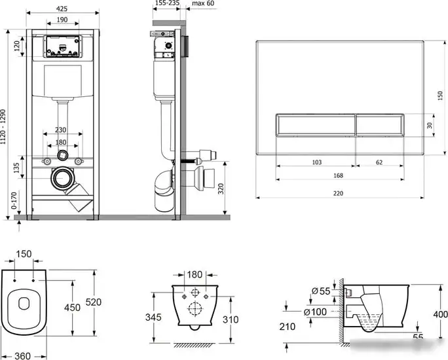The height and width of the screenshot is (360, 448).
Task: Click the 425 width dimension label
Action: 62,9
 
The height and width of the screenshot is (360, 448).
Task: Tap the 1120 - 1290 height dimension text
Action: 3,127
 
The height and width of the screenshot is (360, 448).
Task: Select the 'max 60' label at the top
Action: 203,3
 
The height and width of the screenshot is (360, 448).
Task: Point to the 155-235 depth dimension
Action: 167,3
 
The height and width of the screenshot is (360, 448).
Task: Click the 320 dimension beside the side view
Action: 221,189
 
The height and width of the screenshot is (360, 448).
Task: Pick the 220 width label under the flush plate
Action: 338,193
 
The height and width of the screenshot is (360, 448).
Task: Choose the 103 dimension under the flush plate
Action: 317,162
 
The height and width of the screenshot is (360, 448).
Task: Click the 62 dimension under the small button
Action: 379,162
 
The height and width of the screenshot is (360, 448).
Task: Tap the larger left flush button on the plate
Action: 316,125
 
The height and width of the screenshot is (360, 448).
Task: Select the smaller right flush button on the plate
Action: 380,125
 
